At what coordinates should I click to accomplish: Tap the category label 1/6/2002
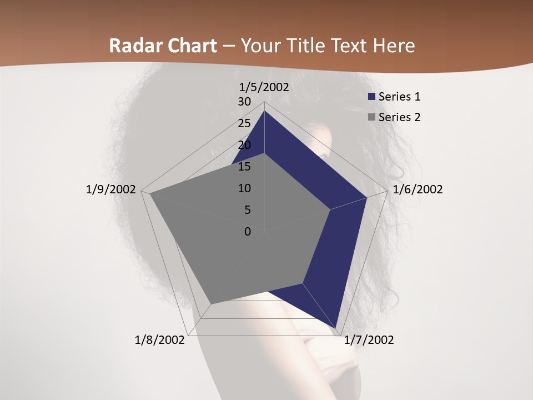418,189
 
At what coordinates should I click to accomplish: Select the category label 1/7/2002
369,340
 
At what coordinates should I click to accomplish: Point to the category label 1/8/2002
160,340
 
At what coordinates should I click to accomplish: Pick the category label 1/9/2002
111,189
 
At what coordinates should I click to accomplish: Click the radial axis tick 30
244,102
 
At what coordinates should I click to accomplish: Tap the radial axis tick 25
244,123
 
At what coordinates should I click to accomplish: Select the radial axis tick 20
244,145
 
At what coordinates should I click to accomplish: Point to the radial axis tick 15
244,167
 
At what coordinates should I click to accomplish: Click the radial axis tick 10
244,188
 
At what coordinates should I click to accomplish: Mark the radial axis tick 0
248,232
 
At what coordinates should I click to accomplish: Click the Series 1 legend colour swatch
372,97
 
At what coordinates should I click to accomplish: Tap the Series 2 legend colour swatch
372,117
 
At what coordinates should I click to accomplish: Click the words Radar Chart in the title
163,46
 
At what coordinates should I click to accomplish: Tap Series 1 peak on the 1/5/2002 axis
264,111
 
